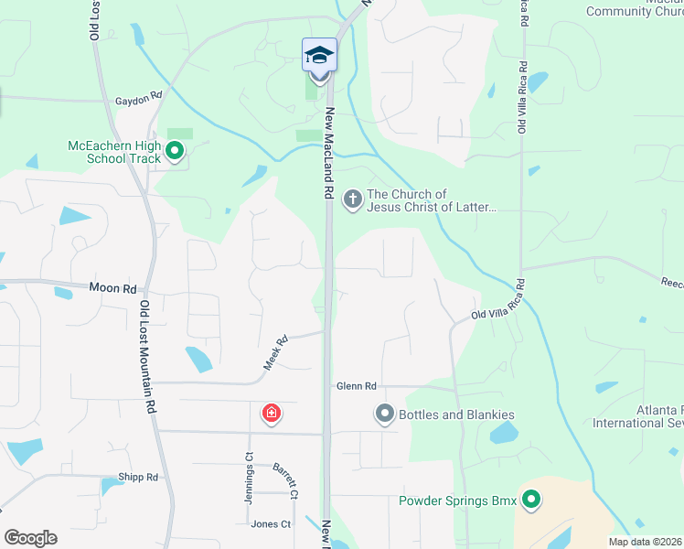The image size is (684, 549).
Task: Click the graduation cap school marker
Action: (x=319, y=57)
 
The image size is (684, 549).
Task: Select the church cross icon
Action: (x=353, y=199)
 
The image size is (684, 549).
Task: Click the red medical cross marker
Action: (x=271, y=414)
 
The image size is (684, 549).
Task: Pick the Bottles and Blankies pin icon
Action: (x=385, y=415)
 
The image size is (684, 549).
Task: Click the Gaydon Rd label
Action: (x=138, y=95)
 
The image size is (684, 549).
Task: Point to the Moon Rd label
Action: (x=112, y=287)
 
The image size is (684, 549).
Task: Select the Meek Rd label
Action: (x=276, y=351)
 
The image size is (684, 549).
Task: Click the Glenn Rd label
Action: (x=355, y=386)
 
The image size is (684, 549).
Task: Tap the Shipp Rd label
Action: (x=138, y=477)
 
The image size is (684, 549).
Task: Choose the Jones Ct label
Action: (x=271, y=524)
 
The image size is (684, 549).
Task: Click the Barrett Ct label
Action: (x=285, y=481)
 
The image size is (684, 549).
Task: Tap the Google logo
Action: (x=30, y=537)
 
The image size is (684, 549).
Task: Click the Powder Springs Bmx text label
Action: (x=457, y=501)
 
